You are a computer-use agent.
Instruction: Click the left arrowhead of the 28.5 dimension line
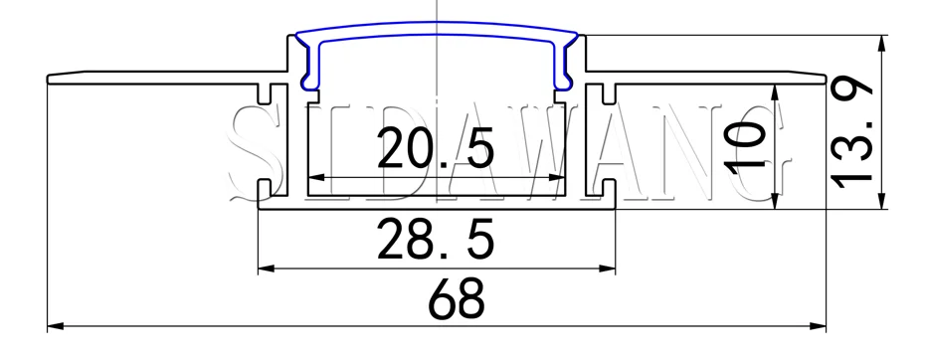click(265, 268)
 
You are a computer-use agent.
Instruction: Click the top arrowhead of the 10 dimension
click(773, 90)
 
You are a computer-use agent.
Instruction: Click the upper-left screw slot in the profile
click(266, 95)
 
